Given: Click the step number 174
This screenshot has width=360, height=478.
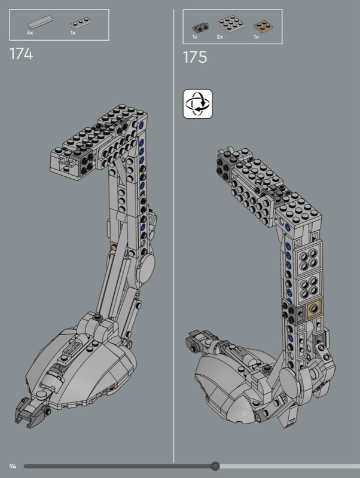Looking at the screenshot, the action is click(21, 54).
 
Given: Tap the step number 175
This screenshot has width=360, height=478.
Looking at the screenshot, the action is click(194, 57).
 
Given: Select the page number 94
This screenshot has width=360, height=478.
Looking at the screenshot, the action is click(13, 466).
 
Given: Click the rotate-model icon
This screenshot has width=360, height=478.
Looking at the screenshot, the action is click(198, 103).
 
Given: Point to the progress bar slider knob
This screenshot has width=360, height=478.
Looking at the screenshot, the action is click(215, 466).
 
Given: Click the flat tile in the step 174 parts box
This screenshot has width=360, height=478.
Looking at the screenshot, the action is click(40, 22).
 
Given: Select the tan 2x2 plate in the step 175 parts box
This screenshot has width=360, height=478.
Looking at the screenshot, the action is click(263, 26).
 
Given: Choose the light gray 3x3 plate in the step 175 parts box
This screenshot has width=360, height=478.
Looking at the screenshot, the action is click(231, 23).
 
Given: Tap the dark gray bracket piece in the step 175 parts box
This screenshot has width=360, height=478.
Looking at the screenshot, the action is click(200, 28).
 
